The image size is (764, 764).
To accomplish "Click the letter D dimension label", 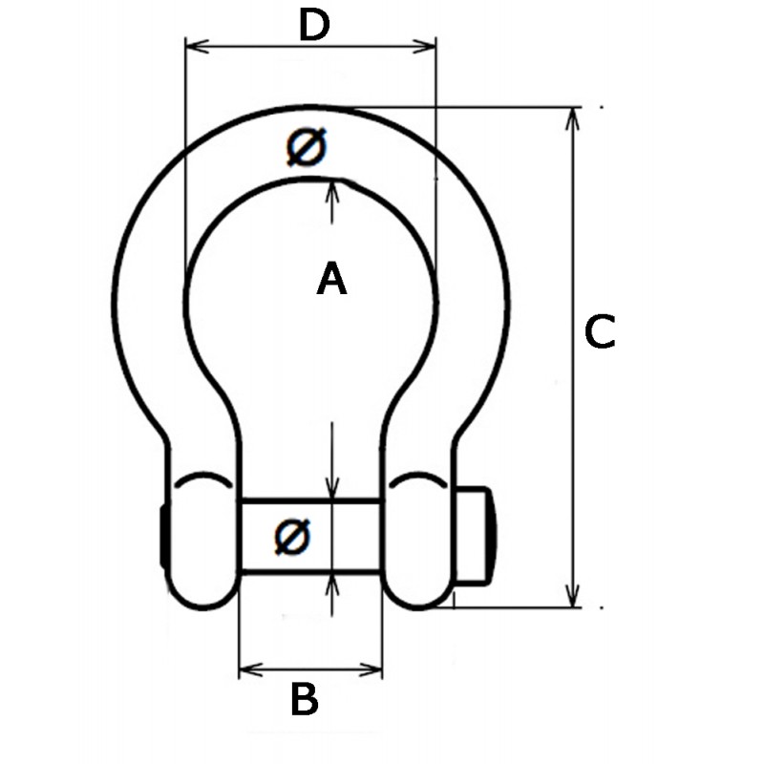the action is tap(314, 25).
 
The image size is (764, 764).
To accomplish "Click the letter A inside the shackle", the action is tap(331, 278).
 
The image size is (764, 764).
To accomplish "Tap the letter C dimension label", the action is tap(600, 331).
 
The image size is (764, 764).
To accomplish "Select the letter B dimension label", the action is tap(305, 699).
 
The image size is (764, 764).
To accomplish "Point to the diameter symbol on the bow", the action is tap(307, 147).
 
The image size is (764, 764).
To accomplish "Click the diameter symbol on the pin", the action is tap(292, 537).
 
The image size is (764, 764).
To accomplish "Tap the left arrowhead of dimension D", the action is tap(198, 46).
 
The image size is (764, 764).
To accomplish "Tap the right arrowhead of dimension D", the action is tap(424, 46).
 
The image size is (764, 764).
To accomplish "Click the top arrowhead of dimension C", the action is tap(574, 118).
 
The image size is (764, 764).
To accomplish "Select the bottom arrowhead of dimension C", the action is tap(574, 595).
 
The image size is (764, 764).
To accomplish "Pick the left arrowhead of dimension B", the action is tap(251, 670).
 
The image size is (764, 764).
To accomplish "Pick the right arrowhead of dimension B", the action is tap(371, 670).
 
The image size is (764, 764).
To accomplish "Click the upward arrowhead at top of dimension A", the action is tap(331, 192).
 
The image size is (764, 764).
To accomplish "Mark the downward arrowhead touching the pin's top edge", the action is tap(331, 487).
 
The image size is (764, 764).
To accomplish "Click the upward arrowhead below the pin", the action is tap(331, 583).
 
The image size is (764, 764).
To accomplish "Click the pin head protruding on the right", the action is tap(476, 536).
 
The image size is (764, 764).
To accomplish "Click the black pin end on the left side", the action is tap(162, 537).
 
